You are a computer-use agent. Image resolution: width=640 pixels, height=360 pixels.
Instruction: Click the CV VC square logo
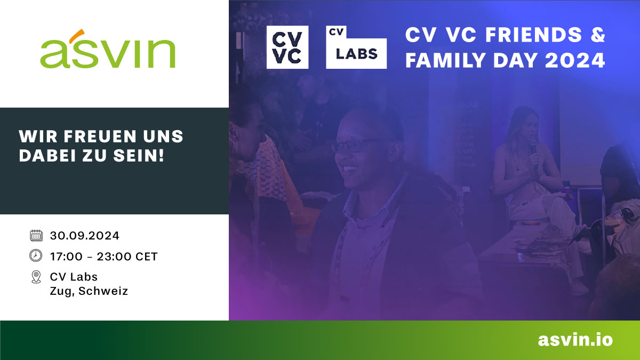(287, 47)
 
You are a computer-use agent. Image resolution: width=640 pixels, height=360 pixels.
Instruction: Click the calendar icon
(36, 235)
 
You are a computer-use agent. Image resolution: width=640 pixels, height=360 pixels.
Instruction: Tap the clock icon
(36, 256)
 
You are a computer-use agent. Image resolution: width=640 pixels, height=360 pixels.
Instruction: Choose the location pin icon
(36, 277)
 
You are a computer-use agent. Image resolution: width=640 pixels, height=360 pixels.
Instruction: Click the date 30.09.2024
(85, 235)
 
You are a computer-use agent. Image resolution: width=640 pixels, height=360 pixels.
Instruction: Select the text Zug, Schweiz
(89, 291)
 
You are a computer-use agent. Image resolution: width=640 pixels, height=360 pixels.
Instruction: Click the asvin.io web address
(575, 340)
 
